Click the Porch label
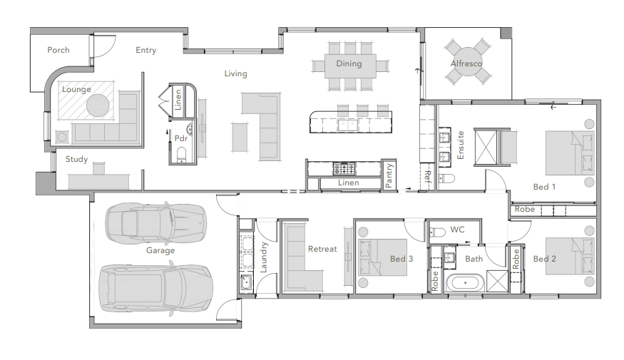pos(58,50)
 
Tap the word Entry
pos(145,50)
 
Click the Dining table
pos(350,66)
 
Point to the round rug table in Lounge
pos(98,106)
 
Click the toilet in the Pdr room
pos(181,155)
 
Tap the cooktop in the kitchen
pos(344,169)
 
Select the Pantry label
pos(389,175)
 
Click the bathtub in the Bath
pos(465,283)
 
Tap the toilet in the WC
pos(437,232)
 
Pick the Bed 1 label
pos(544,187)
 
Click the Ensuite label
pos(461,145)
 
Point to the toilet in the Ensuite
pos(446,178)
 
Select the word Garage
pos(160,251)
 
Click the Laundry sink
pos(246,282)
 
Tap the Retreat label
pos(322,249)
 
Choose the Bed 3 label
pos(401,259)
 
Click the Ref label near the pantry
pos(428,176)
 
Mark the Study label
pos(76,160)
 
